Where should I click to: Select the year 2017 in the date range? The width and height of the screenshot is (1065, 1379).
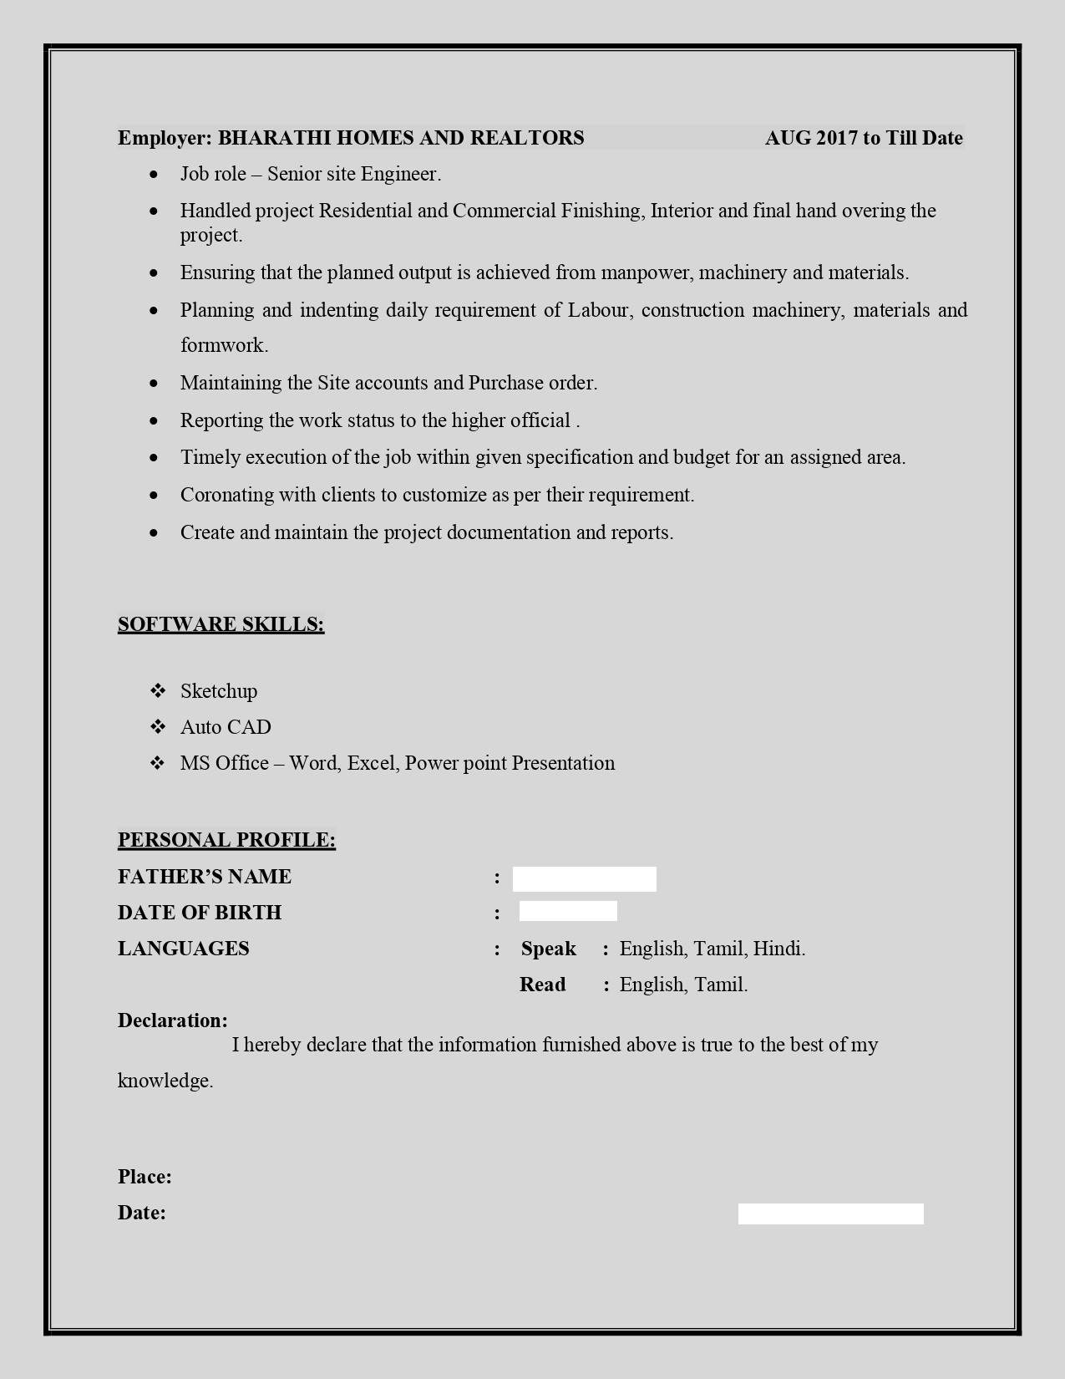(x=836, y=138)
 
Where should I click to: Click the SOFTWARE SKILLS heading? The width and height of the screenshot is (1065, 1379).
(x=221, y=624)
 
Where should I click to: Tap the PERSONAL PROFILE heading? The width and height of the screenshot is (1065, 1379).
(x=226, y=840)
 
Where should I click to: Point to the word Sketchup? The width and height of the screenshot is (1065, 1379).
(x=219, y=691)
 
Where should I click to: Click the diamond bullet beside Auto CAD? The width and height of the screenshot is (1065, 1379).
(x=158, y=727)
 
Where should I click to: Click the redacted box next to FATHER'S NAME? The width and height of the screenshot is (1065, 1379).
(x=584, y=878)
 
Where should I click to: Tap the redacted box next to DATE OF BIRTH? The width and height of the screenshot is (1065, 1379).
(x=568, y=912)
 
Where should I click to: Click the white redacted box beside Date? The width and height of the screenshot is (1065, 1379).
(x=830, y=1214)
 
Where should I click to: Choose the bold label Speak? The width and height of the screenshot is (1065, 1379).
(x=548, y=949)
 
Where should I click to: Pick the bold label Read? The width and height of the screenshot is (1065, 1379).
(x=542, y=985)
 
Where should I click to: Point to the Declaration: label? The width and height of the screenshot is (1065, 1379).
(x=172, y=1020)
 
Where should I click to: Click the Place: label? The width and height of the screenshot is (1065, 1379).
(x=145, y=1177)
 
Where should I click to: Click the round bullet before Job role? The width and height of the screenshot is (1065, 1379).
(x=154, y=175)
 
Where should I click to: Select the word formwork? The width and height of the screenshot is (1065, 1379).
(x=224, y=345)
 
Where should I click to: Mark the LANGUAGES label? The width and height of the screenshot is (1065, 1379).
(x=183, y=949)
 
